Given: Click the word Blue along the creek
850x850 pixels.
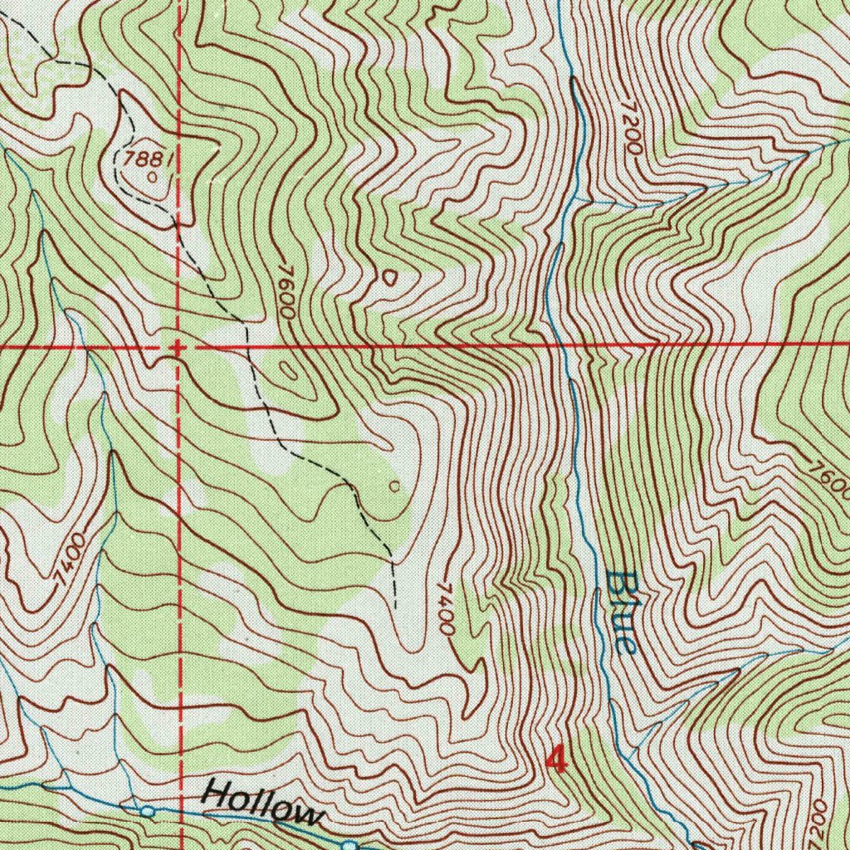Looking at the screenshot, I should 622,613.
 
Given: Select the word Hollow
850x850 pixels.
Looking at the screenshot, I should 261,803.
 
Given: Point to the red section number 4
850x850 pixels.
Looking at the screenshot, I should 557,757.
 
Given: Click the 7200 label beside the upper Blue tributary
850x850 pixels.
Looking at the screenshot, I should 631,128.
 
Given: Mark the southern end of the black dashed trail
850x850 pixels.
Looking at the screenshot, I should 395,606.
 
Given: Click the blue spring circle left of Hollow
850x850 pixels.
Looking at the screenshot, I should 147,810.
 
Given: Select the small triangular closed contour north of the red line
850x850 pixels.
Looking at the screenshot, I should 388,276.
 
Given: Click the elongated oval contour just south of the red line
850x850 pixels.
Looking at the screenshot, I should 288,369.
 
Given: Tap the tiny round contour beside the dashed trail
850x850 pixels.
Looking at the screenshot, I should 394,486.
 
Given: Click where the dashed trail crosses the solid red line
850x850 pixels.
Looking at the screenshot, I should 247,344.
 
